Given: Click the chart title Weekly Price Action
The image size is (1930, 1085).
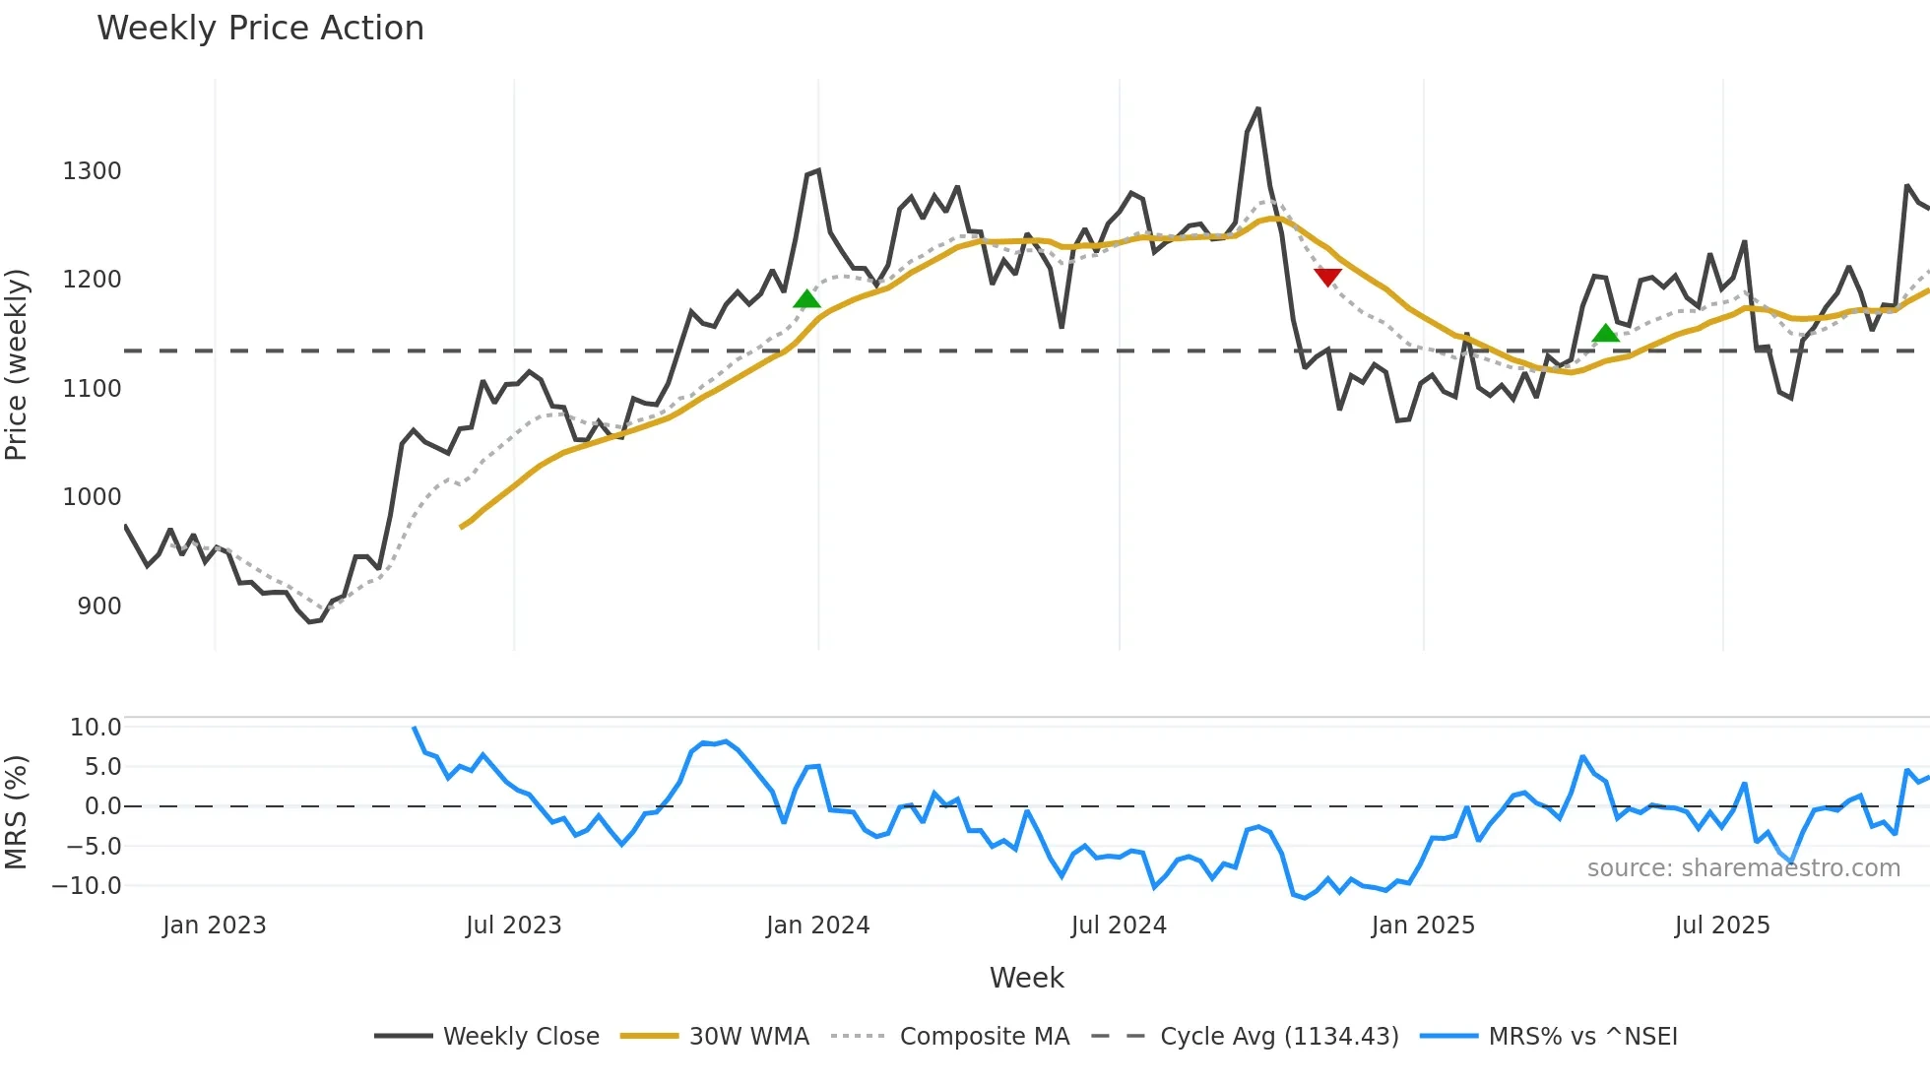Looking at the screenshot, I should (x=260, y=29).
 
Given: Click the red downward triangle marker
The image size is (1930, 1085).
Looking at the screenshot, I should (x=1327, y=277).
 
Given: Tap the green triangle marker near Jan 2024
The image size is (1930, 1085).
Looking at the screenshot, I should (x=806, y=299).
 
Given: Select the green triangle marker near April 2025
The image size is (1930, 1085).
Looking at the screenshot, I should (x=1605, y=334).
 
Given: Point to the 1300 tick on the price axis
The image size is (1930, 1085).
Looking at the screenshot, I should (x=92, y=171).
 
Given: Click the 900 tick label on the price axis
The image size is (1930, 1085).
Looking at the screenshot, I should (x=98, y=606).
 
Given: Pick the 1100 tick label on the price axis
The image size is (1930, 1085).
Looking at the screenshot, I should (x=92, y=389).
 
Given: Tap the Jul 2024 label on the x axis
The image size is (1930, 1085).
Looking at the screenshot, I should (x=1119, y=925).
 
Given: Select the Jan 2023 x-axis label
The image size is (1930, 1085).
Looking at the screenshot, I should (x=215, y=925).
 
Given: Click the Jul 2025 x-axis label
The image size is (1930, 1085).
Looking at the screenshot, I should (x=1722, y=925).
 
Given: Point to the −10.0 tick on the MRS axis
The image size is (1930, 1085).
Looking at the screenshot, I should (x=87, y=886).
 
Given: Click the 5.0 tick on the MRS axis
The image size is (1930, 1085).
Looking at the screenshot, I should (x=102, y=767).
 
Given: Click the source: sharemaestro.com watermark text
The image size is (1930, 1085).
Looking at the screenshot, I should (x=1743, y=868).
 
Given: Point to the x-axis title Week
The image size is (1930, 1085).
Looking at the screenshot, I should (x=1026, y=978).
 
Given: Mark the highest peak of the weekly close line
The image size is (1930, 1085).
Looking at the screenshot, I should (x=1258, y=109).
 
